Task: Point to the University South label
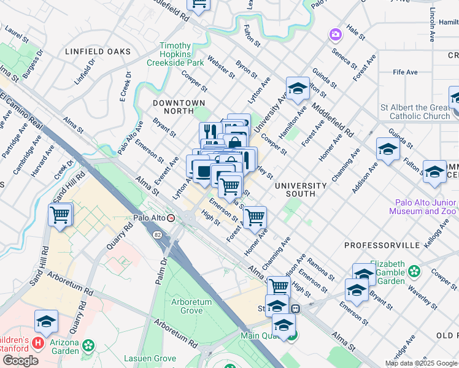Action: tap(301, 189)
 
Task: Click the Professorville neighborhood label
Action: tap(382, 245)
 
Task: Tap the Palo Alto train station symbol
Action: tap(171, 218)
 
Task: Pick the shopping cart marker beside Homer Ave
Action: tap(254, 217)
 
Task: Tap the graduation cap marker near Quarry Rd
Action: tap(46, 321)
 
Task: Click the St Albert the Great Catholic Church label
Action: tap(415, 112)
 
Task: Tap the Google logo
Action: tap(20, 361)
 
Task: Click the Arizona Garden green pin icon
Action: tap(90, 347)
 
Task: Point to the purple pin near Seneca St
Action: tap(336, 34)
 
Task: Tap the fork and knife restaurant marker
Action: tap(210, 132)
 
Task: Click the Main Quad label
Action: tap(260, 335)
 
